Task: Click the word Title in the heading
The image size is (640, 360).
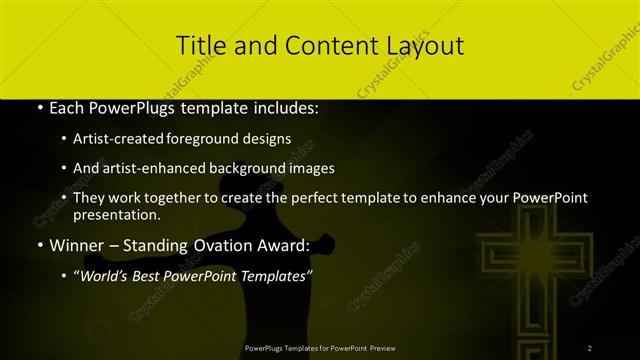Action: point(197,46)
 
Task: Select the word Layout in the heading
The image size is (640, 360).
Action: point(424,46)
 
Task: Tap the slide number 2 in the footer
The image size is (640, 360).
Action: point(589,348)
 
